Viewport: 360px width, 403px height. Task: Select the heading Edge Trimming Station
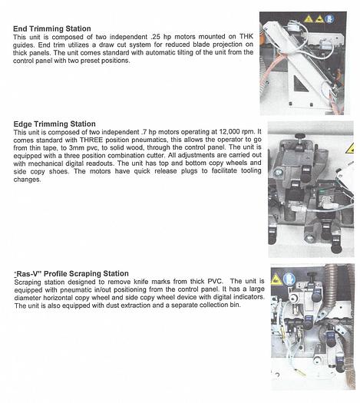click(54, 124)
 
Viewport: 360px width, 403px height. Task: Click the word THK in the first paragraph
click(245, 38)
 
